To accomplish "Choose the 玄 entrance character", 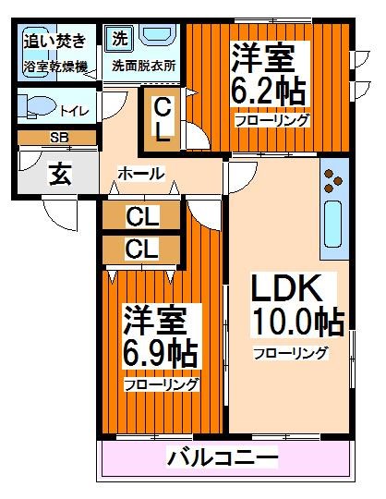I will [57, 173].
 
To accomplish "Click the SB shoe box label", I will [57, 138].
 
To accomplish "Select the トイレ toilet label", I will [74, 111].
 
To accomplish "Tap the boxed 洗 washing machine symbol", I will [120, 40].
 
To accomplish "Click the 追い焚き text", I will [55, 40].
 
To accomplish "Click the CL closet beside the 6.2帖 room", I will [162, 118].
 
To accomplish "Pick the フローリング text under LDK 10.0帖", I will [290, 352].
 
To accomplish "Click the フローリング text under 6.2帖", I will [271, 121].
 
